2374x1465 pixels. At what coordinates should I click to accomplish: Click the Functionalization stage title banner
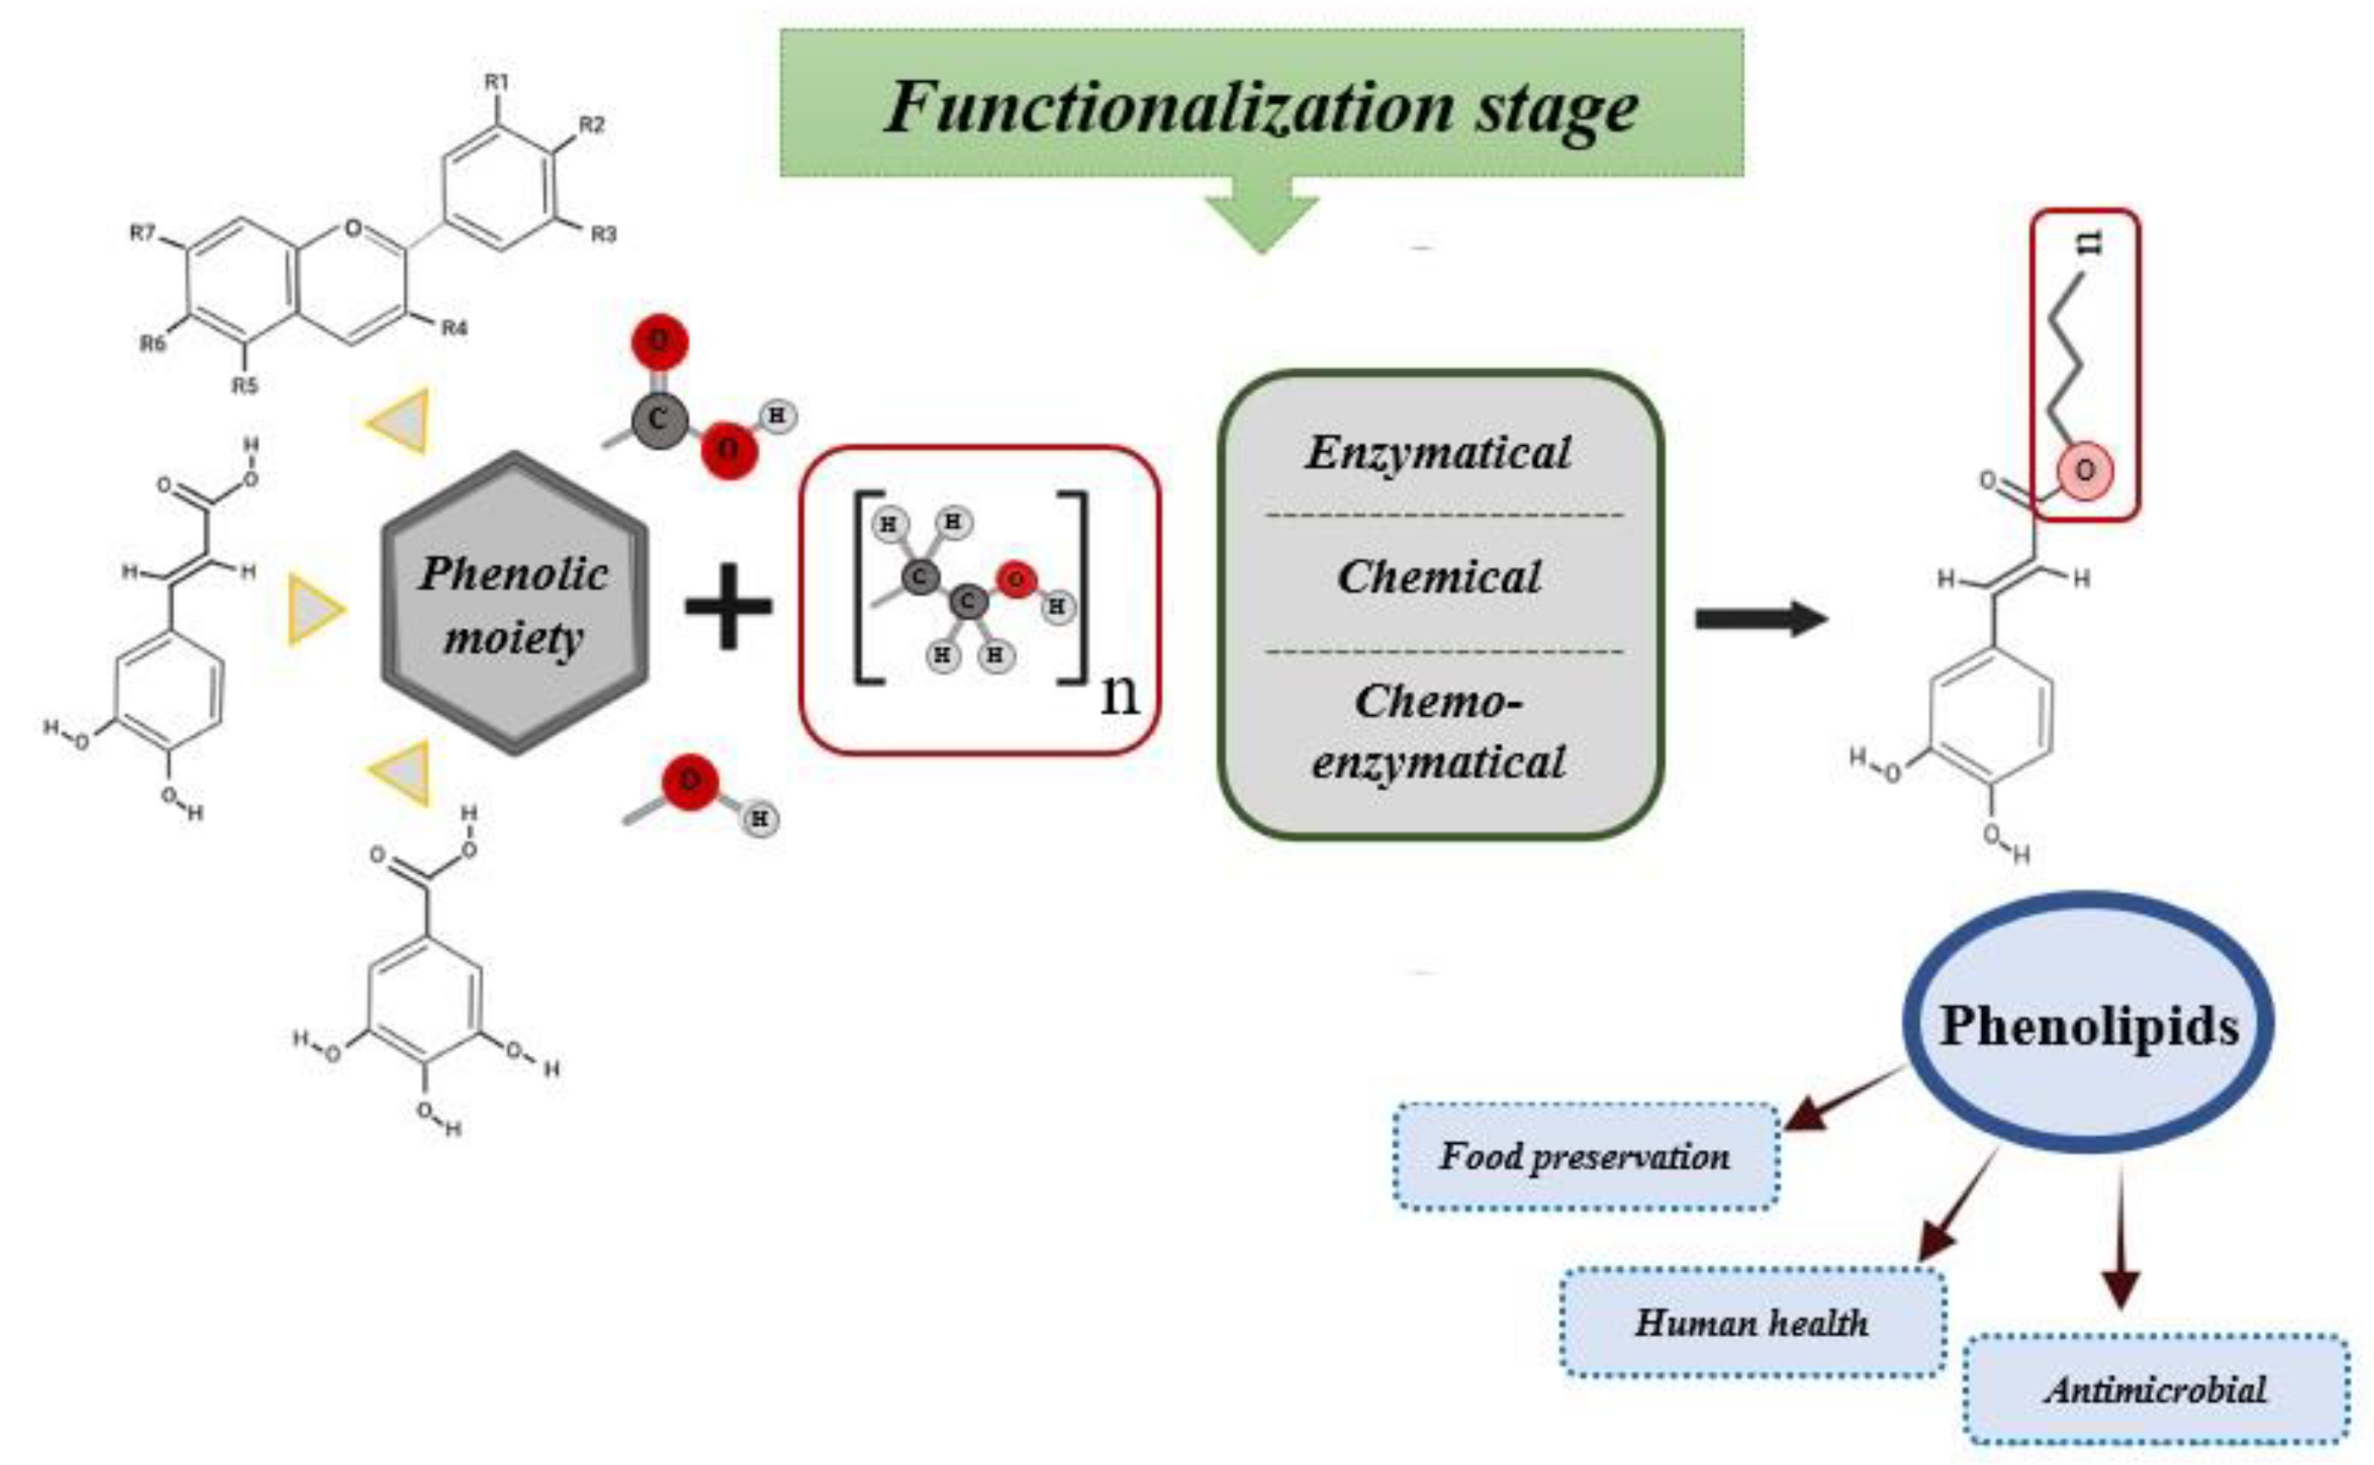[1260, 104]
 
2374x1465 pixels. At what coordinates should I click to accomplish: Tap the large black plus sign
[728, 607]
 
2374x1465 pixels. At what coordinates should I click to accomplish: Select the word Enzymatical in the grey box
[1438, 453]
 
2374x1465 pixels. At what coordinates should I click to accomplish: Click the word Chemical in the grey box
[1438, 577]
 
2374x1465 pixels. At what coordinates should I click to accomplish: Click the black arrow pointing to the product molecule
[1758, 618]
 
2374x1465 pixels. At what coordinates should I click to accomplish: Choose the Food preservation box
[1586, 1156]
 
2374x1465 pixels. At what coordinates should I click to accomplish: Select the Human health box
[1751, 1322]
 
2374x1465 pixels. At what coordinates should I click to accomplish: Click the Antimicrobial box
[2155, 1391]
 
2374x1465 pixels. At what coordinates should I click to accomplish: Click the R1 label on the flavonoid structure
[497, 82]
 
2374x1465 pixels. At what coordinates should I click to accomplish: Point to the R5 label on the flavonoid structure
[244, 385]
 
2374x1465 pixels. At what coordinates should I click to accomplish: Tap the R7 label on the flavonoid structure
[143, 233]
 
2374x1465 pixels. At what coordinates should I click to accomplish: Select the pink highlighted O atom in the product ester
[2085, 471]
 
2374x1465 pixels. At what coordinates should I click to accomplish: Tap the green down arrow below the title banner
[1261, 221]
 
